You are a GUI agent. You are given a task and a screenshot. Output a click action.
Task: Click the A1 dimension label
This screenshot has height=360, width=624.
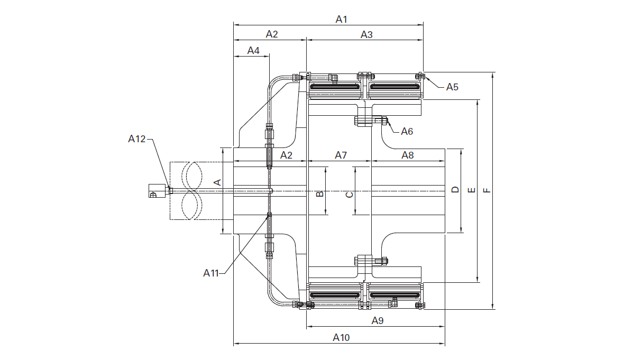point(342,19)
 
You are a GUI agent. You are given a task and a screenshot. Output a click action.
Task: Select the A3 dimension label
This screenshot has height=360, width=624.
point(366,34)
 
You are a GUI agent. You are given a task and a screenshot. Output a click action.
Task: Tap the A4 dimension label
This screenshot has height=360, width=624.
point(253,51)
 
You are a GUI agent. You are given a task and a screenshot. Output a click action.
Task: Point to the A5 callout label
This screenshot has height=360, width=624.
point(452,87)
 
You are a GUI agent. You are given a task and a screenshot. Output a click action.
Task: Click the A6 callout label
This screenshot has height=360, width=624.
point(407,131)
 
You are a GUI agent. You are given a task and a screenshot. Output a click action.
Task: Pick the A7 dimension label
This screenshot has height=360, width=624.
point(341,155)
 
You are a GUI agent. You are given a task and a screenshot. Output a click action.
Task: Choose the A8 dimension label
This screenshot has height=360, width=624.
point(408,155)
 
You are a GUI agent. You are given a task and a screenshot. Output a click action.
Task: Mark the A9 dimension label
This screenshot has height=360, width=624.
point(377,321)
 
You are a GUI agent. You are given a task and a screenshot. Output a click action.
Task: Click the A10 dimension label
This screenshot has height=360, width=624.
point(341,338)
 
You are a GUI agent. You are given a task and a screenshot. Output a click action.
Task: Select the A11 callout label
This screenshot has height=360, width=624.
point(211,273)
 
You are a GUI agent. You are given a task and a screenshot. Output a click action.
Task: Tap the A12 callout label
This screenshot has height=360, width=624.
point(137,139)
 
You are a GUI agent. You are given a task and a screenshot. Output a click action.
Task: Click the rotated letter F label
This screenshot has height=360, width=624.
point(487,190)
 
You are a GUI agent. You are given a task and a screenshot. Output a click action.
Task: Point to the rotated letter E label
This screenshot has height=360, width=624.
point(472,190)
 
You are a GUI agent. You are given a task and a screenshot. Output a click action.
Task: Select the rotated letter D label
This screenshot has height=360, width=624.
point(455,190)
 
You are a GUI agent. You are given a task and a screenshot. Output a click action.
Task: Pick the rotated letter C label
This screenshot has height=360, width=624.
point(349,195)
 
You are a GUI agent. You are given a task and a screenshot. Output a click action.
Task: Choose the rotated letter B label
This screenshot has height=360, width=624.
point(319,195)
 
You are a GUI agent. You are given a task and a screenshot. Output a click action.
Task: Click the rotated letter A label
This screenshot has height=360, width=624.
point(217,182)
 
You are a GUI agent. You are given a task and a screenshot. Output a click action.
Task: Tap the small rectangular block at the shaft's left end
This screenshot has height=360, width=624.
point(158,190)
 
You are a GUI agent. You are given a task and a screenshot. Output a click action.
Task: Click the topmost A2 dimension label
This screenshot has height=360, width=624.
point(272,34)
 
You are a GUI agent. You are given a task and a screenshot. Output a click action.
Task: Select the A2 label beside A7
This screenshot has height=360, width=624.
point(286,155)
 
